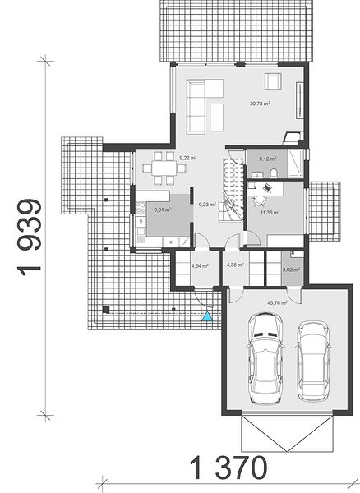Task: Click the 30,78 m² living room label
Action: point(260,104)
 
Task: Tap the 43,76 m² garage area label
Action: point(277,302)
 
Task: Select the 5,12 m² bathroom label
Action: point(268,159)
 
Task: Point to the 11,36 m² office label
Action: point(270,213)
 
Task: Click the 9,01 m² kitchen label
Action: point(163,210)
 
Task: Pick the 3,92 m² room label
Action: point(291,270)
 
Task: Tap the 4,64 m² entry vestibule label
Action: point(200,265)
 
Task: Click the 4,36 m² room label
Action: point(235,265)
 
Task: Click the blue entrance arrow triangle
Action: point(207,316)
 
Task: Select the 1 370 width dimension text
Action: point(228,468)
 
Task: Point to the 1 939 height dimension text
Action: point(30,237)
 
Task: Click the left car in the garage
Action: point(265,357)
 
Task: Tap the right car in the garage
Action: point(313,361)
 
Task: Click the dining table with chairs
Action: point(164,168)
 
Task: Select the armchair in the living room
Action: point(272,81)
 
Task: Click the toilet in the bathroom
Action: point(274,173)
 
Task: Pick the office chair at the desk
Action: point(259,200)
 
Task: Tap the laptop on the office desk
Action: point(267,187)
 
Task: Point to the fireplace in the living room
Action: point(292,137)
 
